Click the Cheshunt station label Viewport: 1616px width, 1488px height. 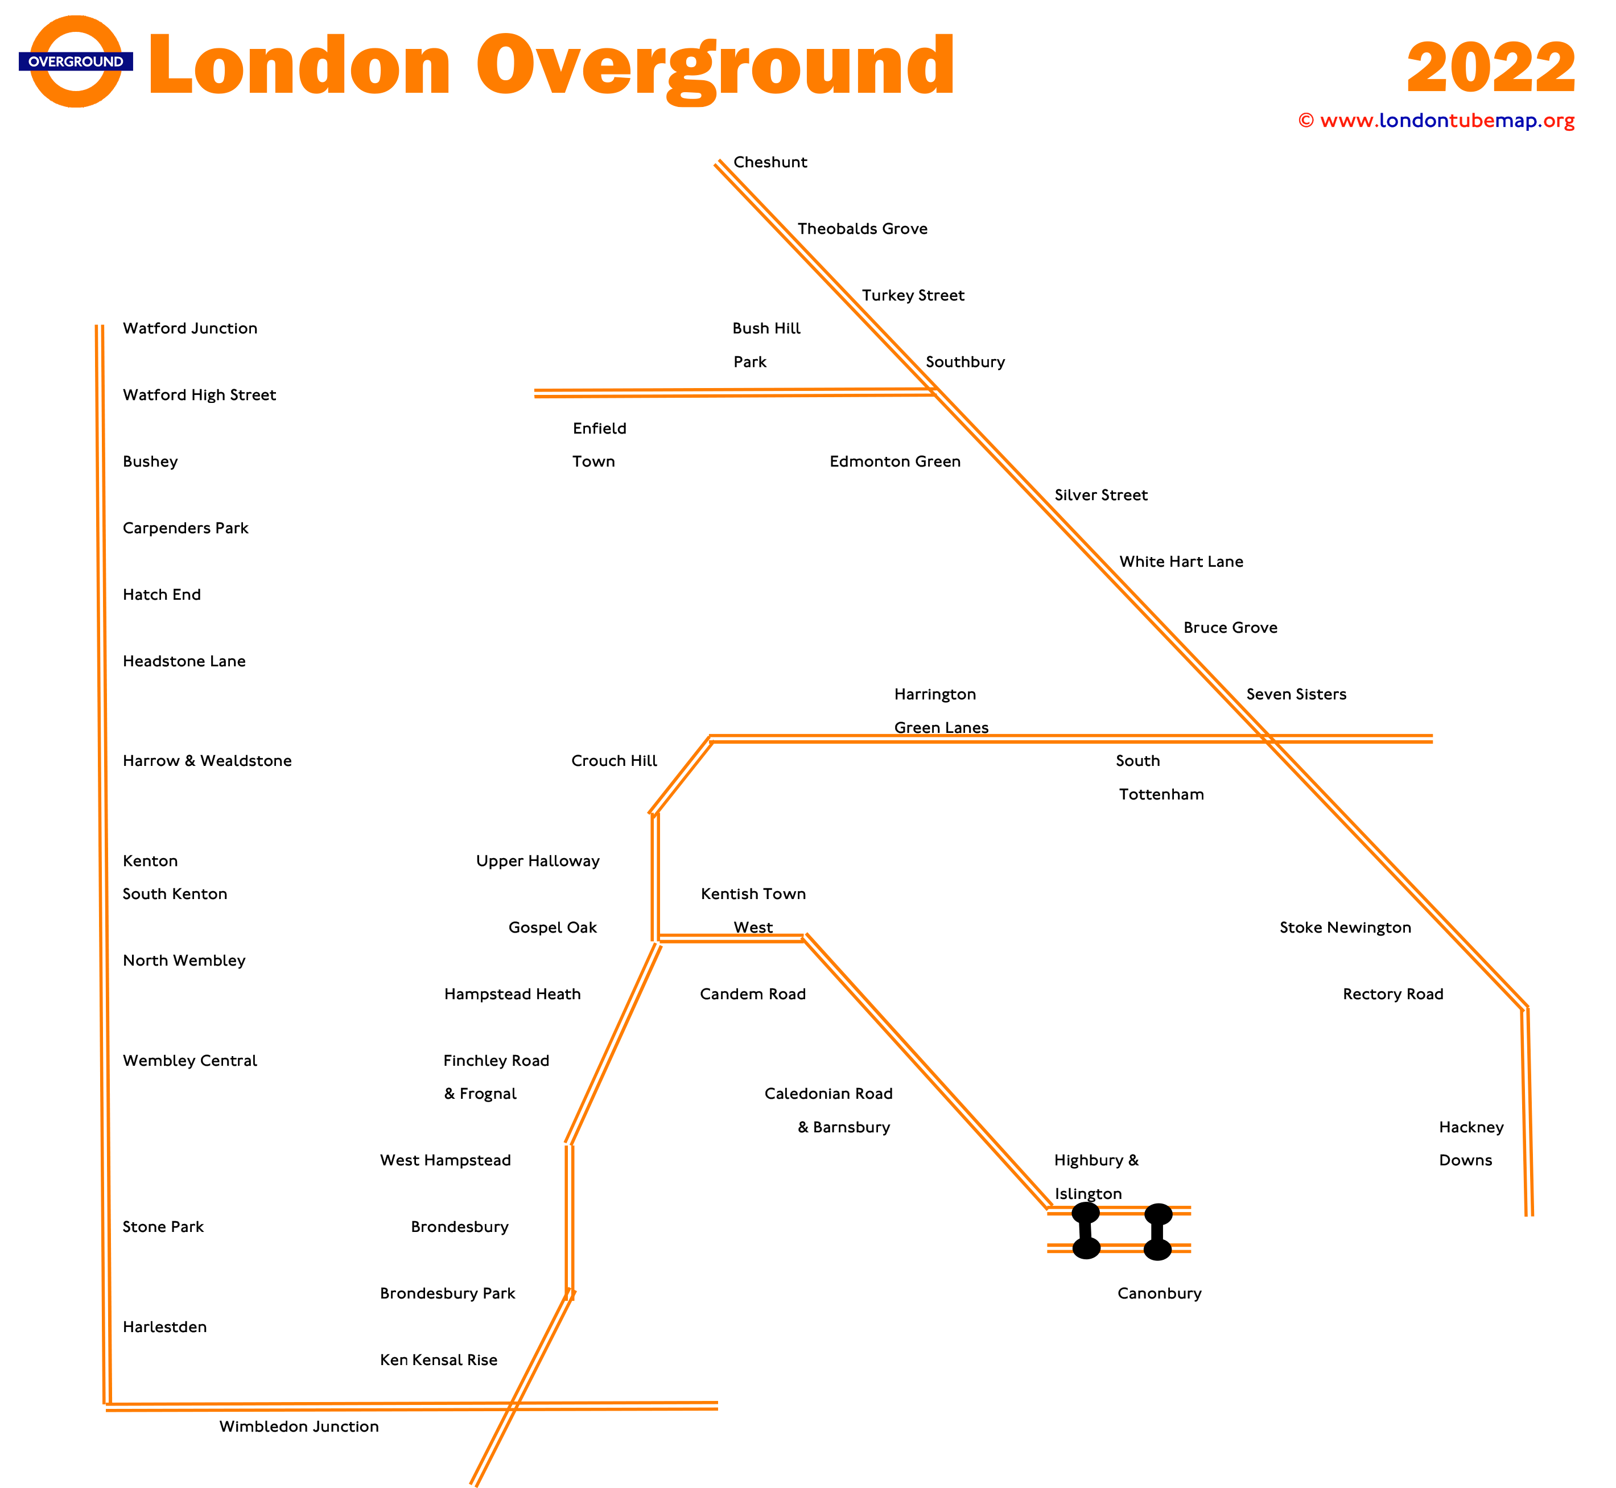[x=770, y=162]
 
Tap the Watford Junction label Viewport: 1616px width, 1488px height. [x=190, y=328]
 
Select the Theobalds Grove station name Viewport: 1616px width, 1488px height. [x=863, y=229]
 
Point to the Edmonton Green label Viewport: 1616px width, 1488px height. [x=894, y=461]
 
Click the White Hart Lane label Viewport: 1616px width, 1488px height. [x=1181, y=561]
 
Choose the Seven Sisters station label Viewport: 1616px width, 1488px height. [x=1296, y=694]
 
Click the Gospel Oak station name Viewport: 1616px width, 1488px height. [x=553, y=928]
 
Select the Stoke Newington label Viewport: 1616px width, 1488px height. [x=1346, y=928]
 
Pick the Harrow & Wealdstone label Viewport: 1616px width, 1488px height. [x=207, y=761]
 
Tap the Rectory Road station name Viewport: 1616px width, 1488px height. [x=1393, y=995]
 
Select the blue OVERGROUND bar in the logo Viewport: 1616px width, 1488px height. [x=76, y=62]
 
